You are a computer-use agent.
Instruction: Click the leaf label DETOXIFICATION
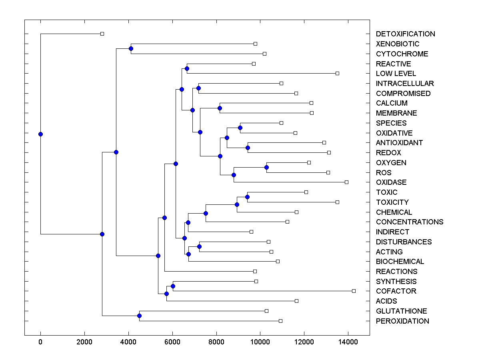[405, 34]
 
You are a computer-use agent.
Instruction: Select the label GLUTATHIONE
[401, 311]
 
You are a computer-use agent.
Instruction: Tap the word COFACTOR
[396, 291]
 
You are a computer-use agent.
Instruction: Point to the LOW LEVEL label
[396, 74]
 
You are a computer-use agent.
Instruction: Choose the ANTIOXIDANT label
[399, 143]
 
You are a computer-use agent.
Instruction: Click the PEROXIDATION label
[402, 321]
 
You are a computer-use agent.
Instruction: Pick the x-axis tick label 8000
[216, 342]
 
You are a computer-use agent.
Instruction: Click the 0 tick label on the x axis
[40, 342]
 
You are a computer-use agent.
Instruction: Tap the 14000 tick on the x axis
[348, 342]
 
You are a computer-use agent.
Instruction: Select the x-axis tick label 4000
[128, 342]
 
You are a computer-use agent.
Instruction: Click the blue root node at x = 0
[40, 134]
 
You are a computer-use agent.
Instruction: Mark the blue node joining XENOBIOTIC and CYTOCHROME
[131, 49]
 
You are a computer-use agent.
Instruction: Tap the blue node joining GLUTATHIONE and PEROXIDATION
[139, 316]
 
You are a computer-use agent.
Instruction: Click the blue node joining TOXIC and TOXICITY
[247, 197]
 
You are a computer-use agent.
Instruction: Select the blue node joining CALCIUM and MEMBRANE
[220, 108]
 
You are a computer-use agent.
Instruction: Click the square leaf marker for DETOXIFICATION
[102, 34]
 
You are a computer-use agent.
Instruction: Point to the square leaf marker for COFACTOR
[354, 291]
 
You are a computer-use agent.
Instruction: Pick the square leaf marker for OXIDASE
[346, 182]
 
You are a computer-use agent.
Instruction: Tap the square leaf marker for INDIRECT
[251, 232]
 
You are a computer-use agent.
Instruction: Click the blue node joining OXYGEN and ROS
[266, 167]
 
